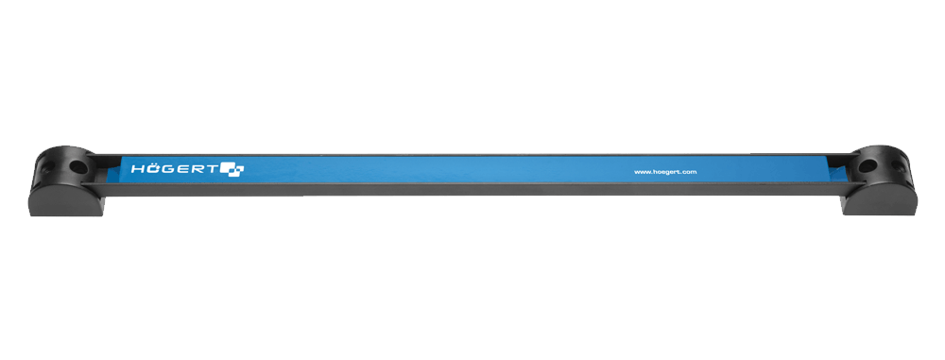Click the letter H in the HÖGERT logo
coord(137,169)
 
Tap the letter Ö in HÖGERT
coord(150,169)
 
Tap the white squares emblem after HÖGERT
coord(232,169)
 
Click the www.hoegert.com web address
coord(665,172)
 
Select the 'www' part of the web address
coord(642,173)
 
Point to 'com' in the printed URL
coord(690,173)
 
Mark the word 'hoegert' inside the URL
coord(665,172)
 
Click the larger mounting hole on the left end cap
coord(77,164)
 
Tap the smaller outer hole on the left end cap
coord(45,167)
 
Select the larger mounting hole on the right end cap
coord(867,166)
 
